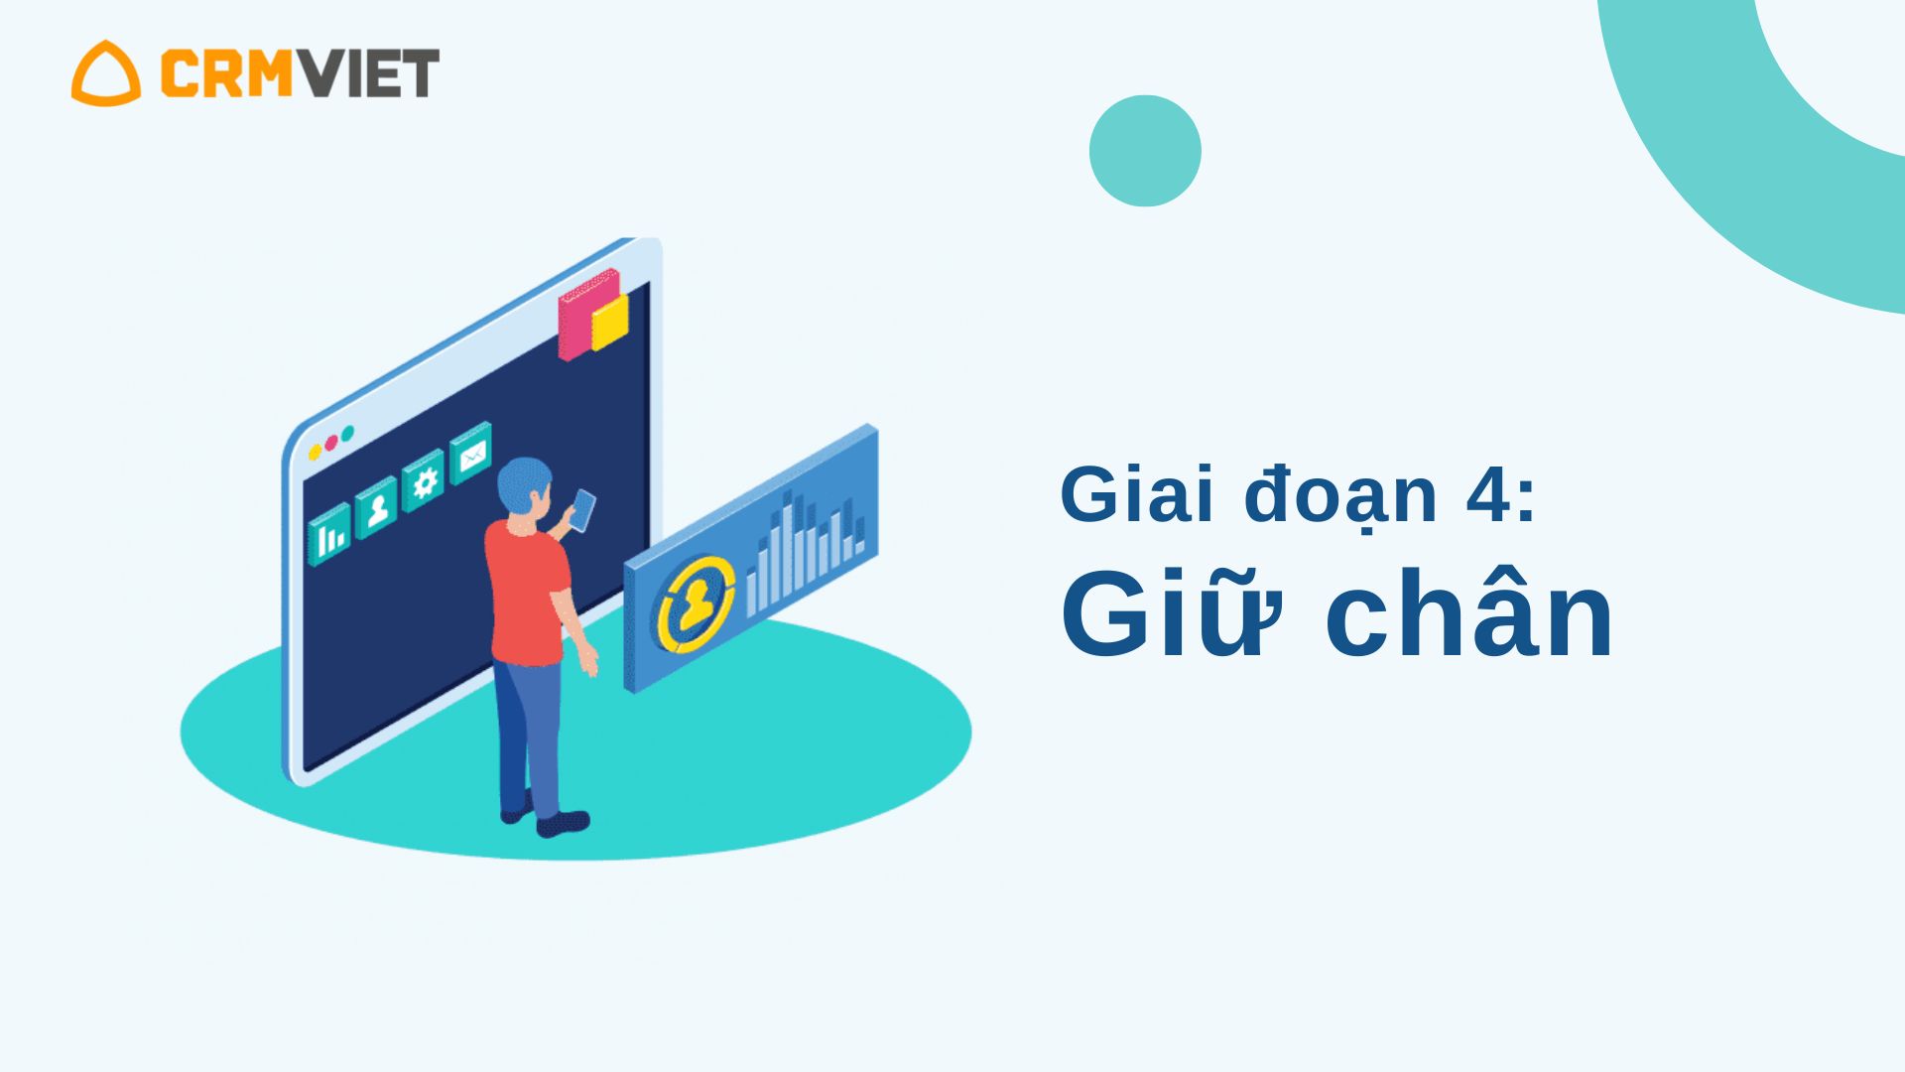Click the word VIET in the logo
368,73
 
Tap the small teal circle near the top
1145,151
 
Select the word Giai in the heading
1138,493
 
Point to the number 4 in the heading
1489,493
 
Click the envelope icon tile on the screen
471,453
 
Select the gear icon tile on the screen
424,480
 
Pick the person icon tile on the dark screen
376,507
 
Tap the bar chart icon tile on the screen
329,534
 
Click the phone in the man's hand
583,510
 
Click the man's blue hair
523,482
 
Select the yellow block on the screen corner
610,323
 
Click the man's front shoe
563,823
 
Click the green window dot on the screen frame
347,434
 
